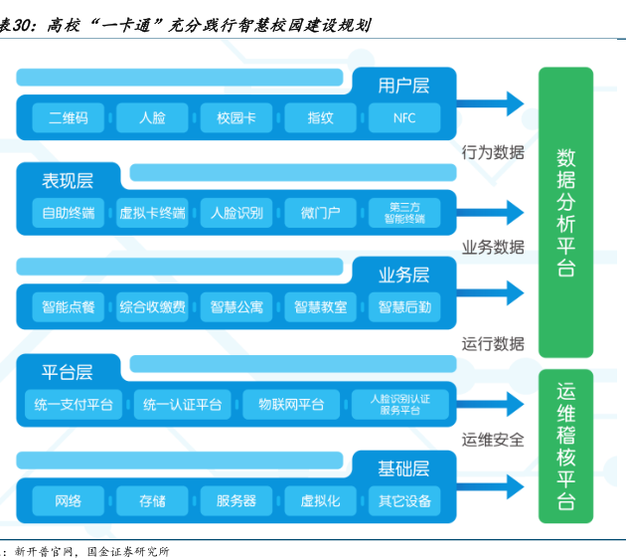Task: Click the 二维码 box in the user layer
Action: [69, 117]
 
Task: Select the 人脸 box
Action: [152, 117]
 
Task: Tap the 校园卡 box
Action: [236, 117]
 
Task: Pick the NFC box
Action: [404, 117]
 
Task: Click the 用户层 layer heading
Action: [403, 86]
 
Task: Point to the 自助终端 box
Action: [69, 213]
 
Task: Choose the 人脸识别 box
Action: [236, 213]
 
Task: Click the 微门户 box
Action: [320, 213]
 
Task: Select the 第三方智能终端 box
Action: [404, 213]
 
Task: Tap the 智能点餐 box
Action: [69, 307]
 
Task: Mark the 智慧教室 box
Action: [320, 307]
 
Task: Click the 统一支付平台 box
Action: [74, 404]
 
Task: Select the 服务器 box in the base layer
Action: [236, 500]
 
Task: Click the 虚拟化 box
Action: [320, 500]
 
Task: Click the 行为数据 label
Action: [493, 152]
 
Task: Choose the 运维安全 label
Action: [493, 439]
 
